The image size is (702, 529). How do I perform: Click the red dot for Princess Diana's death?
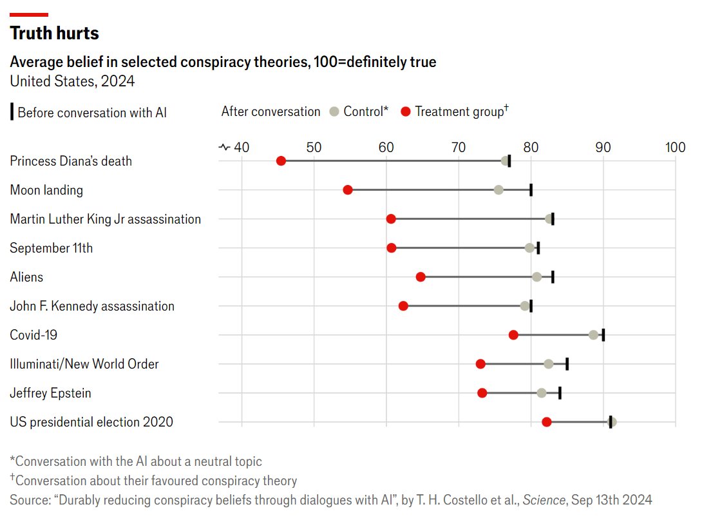pos(281,160)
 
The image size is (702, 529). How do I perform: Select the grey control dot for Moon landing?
pos(498,189)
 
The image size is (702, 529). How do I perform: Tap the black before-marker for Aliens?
pos(553,277)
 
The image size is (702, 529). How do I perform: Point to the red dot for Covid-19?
pos(513,335)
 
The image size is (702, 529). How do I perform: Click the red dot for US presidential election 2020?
pos(547,422)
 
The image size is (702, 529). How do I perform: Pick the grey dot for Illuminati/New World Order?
pos(549,364)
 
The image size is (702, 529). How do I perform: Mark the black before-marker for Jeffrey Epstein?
pos(560,393)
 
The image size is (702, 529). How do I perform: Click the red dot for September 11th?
pos(392,248)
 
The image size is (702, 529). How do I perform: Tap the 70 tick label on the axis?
pos(459,148)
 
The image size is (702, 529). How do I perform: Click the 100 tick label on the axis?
pos(675,148)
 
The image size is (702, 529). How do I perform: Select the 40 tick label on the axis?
pos(242,148)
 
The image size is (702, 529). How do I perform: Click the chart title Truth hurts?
pos(55,33)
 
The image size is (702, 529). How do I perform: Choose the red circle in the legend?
pos(406,111)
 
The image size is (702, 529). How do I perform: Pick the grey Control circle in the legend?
pos(334,111)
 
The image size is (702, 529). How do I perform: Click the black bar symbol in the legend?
pos(12,111)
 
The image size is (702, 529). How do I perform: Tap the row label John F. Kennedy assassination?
pos(92,306)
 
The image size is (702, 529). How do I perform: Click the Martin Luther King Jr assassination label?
pos(106,219)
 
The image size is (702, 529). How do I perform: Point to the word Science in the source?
pos(542,500)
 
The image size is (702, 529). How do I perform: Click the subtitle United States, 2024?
pos(72,81)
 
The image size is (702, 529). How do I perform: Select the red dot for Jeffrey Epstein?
pos(482,393)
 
